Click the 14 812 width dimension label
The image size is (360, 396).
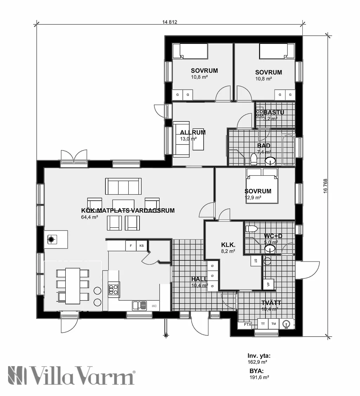click(x=170, y=22)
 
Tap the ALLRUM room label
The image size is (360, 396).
click(x=193, y=132)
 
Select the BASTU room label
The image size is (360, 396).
click(x=274, y=112)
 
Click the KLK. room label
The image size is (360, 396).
click(x=228, y=245)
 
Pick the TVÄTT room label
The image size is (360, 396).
click(x=271, y=303)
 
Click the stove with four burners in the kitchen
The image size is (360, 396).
click(x=113, y=289)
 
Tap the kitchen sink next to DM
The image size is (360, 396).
click(x=139, y=306)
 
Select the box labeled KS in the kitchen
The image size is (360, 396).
click(x=142, y=245)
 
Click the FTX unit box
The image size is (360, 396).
click(x=248, y=324)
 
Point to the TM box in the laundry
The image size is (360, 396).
click(x=274, y=324)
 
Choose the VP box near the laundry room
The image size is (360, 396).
click(x=268, y=284)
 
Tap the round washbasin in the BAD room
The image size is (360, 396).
click(x=270, y=161)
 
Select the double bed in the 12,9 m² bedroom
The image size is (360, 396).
click(x=262, y=186)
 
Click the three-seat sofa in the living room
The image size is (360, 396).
click(x=123, y=186)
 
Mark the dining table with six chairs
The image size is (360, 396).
click(x=73, y=286)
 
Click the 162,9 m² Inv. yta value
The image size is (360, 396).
click(x=257, y=362)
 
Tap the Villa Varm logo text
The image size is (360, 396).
click(x=71, y=375)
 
